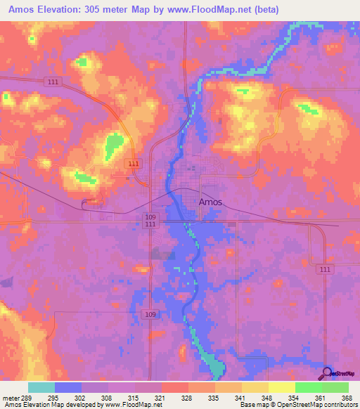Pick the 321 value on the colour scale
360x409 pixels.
coord(161,398)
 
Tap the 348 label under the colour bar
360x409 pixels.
coord(268,398)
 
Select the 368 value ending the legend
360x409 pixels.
coord(347,398)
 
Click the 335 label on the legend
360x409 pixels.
coord(214,398)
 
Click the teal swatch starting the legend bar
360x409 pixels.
coord(41,387)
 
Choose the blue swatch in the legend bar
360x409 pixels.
coord(68,387)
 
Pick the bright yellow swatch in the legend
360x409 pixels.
coord(281,387)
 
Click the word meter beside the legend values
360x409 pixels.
coord(11,398)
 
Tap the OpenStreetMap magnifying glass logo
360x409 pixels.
coord(328,373)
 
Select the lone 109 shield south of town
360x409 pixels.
coord(148,313)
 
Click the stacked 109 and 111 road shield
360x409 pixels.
coord(149,220)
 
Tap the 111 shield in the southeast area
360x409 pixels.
coord(323,270)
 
